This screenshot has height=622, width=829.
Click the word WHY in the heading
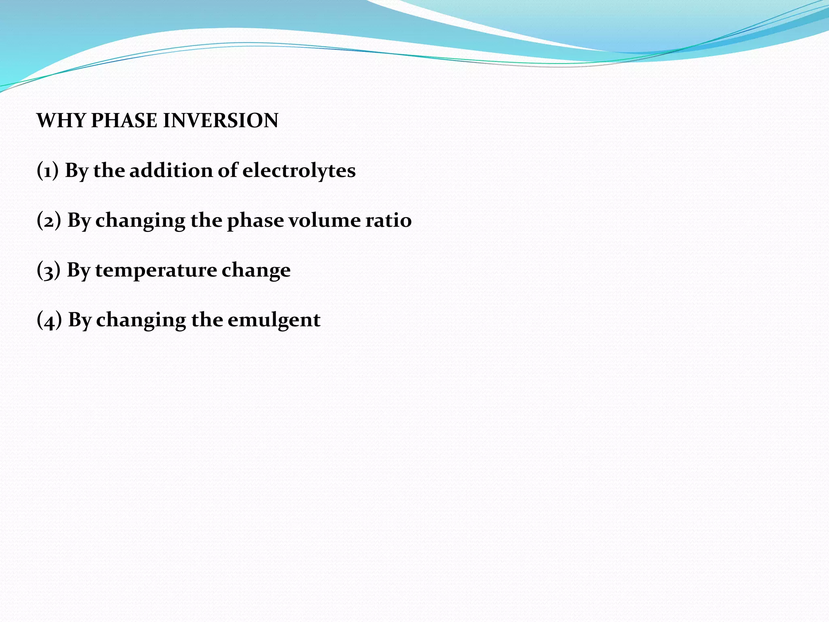pos(61,121)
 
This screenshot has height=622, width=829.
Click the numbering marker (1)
pos(48,170)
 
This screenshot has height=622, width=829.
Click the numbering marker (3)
pos(49,270)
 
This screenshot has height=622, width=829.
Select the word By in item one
pos(76,171)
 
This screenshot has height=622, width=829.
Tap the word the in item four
pos(206,320)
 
